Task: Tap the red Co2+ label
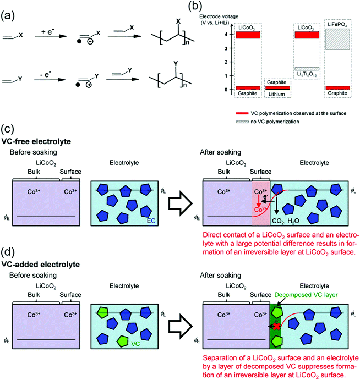(260, 209)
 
